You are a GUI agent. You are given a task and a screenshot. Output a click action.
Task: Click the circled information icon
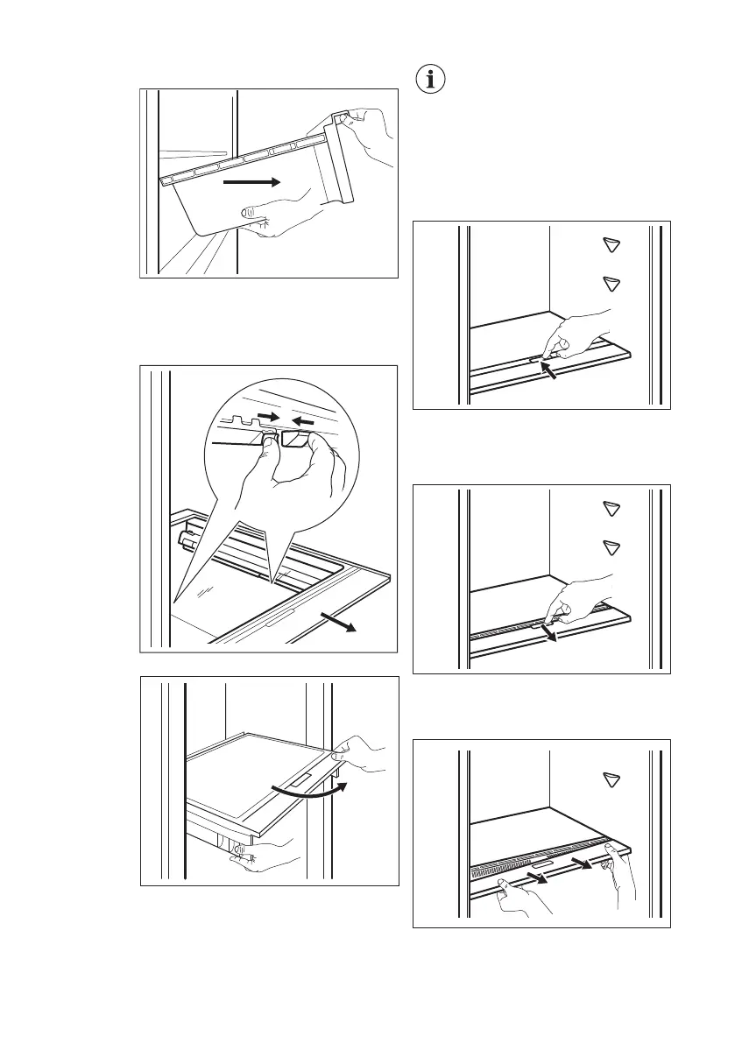(x=429, y=80)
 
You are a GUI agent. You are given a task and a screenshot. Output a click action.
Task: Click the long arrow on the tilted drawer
(x=251, y=182)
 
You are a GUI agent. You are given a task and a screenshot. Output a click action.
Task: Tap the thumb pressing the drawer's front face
(x=251, y=211)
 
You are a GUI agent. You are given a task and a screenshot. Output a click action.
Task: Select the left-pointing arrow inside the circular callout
(x=302, y=421)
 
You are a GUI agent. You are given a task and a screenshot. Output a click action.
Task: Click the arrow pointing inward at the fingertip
(x=551, y=373)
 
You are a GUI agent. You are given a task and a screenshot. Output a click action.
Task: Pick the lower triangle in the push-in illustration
(x=611, y=283)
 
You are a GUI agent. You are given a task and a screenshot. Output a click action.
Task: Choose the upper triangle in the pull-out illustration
(x=611, y=509)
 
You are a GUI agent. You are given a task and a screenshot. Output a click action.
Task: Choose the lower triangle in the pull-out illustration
(x=611, y=547)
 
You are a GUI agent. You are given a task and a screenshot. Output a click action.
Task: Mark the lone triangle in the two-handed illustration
(x=611, y=779)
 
